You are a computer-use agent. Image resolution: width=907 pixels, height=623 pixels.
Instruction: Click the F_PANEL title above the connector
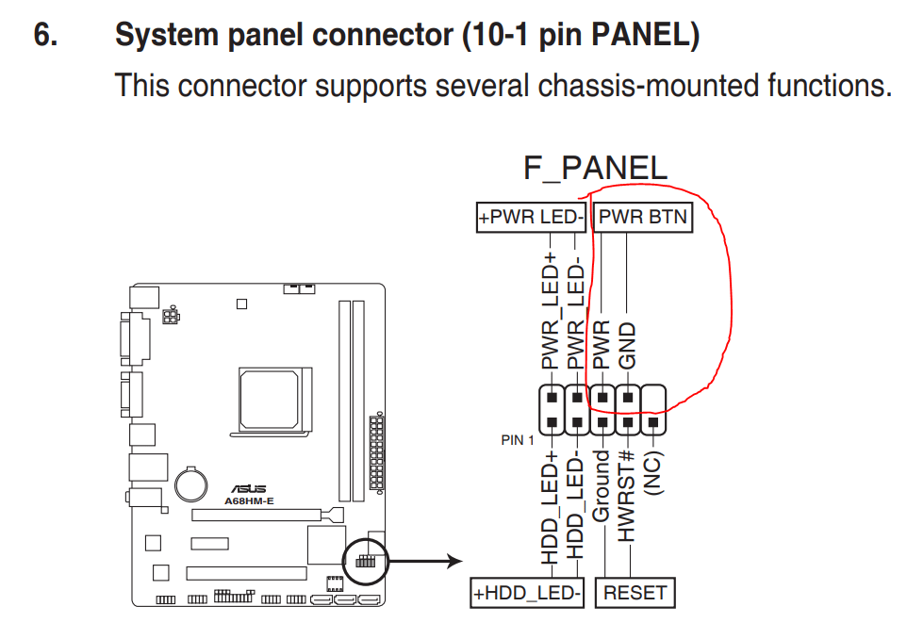click(595, 169)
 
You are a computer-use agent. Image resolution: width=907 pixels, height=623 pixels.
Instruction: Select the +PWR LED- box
click(531, 218)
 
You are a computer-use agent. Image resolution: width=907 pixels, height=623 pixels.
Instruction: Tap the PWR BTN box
click(643, 218)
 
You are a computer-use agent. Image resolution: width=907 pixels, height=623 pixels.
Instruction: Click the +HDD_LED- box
click(527, 593)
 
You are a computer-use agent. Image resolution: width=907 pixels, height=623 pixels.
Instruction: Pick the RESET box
click(635, 593)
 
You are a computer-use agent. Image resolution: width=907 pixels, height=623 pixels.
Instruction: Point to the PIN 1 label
click(517, 440)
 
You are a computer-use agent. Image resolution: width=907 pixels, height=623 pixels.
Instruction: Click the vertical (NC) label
click(653, 473)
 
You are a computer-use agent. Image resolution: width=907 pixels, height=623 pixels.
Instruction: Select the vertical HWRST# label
click(627, 497)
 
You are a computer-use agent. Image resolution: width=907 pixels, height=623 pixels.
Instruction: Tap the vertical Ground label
click(602, 486)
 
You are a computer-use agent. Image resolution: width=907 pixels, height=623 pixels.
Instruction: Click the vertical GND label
click(627, 346)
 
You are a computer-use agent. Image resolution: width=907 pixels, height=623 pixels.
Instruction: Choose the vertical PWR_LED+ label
click(551, 310)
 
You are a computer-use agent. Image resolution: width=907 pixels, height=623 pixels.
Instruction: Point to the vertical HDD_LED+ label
click(551, 507)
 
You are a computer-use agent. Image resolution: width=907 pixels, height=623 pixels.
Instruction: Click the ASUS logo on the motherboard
click(249, 489)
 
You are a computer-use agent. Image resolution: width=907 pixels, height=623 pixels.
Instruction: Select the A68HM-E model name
click(249, 501)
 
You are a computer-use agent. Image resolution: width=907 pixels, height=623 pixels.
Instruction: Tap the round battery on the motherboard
click(190, 484)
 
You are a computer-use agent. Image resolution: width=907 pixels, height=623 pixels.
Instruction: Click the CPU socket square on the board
click(270, 400)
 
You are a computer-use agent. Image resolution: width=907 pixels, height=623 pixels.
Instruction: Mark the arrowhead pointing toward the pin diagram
click(455, 561)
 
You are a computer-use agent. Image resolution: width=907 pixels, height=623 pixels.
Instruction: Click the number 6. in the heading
click(45, 35)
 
